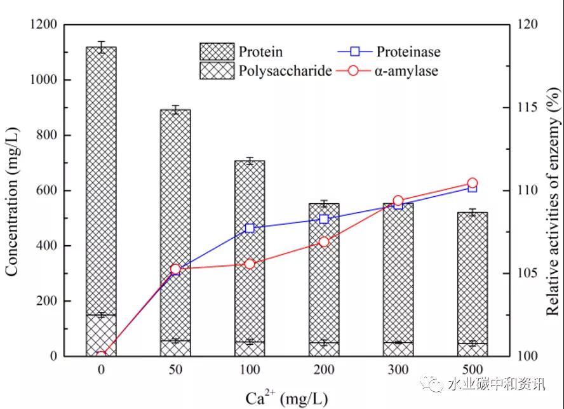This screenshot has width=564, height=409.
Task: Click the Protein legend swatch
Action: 217,51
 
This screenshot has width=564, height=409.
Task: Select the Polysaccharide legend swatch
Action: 217,70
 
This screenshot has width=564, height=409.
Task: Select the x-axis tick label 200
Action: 323,370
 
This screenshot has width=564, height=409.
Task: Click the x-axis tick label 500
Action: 472,370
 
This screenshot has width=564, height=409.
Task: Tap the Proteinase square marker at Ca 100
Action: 250,228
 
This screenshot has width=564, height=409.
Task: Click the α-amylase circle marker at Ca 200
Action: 324,242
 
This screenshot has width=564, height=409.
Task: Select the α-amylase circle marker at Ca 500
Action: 472,184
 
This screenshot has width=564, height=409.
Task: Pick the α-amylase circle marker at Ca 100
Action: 250,264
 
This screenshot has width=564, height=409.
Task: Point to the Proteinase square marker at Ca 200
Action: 324,218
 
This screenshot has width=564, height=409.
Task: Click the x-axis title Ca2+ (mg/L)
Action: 286,398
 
